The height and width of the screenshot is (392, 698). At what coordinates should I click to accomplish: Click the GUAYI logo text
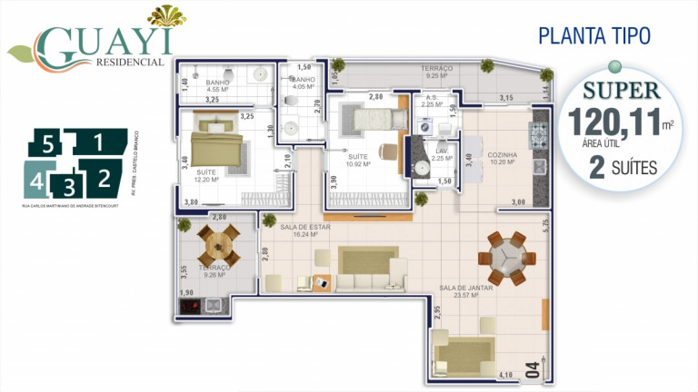click(104, 42)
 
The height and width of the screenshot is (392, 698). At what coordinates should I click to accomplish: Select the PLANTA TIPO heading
click(593, 35)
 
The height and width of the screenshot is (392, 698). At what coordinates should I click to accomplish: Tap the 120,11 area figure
click(613, 123)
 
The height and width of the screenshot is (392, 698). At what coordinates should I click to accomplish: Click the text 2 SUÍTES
click(623, 167)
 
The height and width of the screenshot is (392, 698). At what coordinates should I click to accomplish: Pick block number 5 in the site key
click(50, 142)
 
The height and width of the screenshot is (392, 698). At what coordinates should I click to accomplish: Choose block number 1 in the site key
click(97, 142)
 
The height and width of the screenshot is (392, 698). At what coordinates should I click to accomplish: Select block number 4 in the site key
click(36, 180)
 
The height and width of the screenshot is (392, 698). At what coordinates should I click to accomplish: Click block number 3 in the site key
click(67, 187)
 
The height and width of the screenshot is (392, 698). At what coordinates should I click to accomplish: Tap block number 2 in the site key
click(105, 177)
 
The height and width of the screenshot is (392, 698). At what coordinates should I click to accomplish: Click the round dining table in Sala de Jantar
click(504, 257)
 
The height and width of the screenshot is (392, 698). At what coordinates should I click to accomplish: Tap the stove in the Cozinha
click(540, 134)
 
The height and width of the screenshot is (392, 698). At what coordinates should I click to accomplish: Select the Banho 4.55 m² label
click(218, 86)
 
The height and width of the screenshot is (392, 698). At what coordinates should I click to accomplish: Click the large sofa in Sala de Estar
click(368, 270)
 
